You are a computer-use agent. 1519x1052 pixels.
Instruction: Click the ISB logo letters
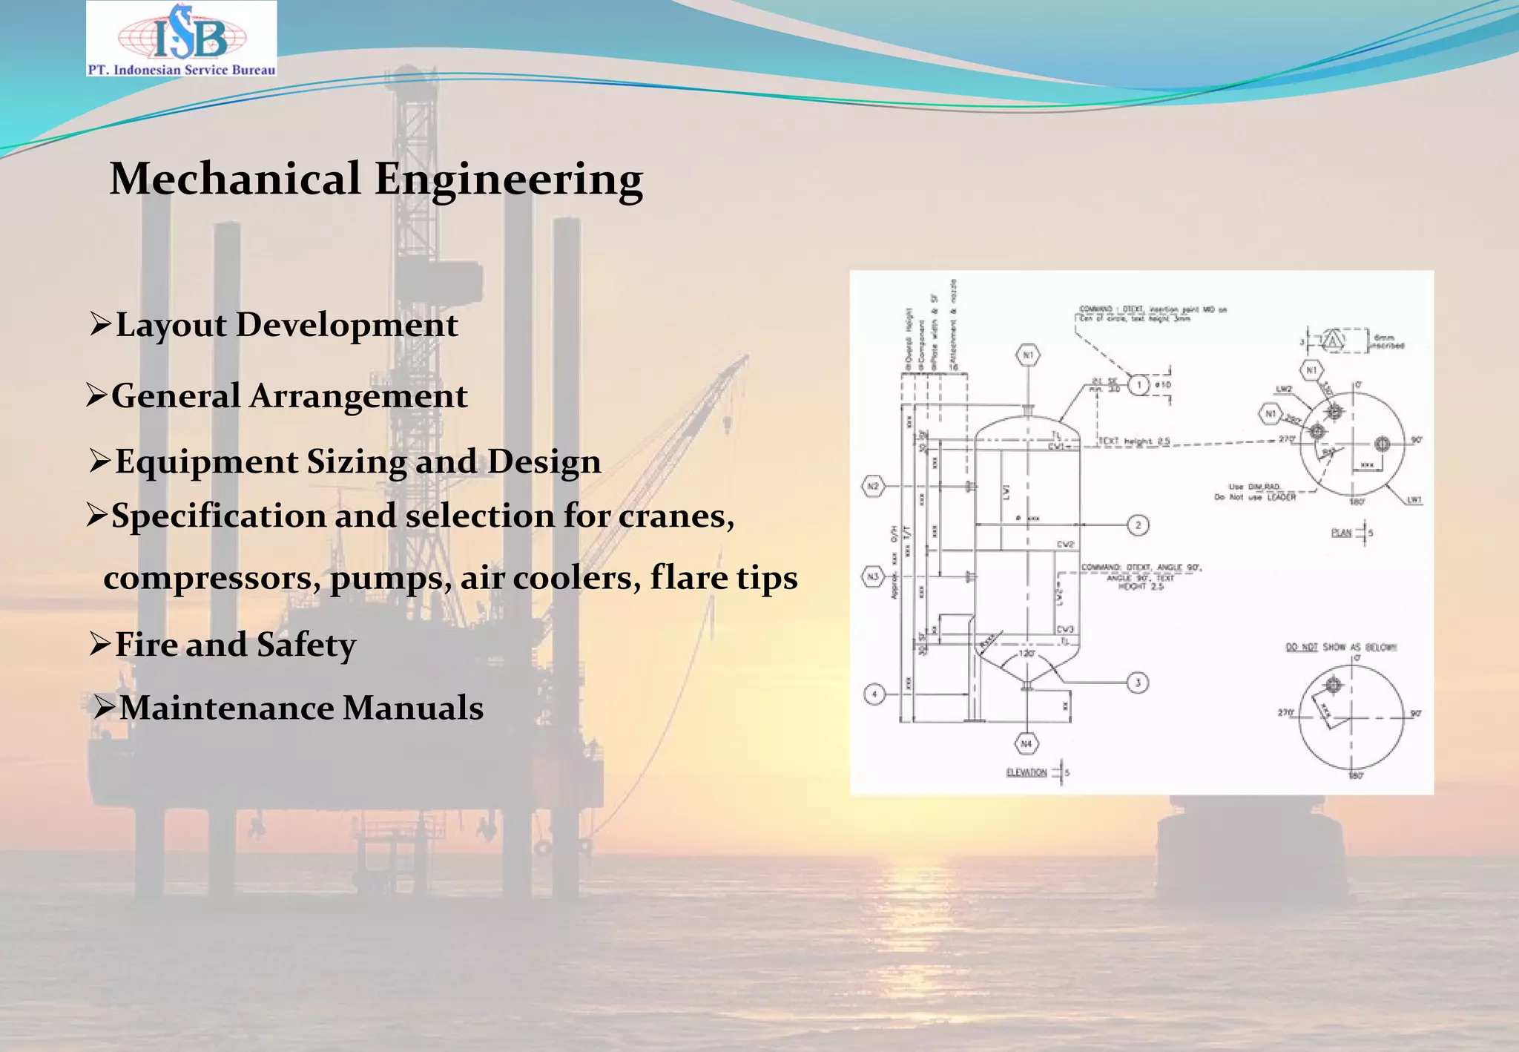point(190,34)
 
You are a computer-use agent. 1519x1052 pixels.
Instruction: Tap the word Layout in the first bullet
point(171,325)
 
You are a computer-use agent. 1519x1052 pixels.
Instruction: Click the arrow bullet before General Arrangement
point(97,395)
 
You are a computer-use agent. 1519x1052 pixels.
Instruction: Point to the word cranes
point(676,516)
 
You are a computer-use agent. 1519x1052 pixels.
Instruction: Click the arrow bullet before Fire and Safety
point(100,644)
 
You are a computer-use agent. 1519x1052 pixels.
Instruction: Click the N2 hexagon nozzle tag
point(873,487)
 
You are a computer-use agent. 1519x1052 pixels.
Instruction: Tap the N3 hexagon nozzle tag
point(873,576)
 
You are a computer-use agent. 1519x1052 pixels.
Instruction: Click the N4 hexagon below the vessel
point(1027,743)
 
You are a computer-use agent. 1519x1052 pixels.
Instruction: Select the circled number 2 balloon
point(1139,525)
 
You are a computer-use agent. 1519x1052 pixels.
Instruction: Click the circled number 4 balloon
point(874,694)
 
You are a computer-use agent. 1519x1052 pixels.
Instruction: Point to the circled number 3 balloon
point(1139,682)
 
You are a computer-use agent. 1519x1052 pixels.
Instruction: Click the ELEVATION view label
point(1027,772)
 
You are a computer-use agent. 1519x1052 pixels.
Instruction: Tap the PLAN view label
point(1342,533)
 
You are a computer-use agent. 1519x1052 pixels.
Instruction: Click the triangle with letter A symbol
point(1334,341)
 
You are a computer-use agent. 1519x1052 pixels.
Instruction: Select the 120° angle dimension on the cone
point(1027,654)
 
